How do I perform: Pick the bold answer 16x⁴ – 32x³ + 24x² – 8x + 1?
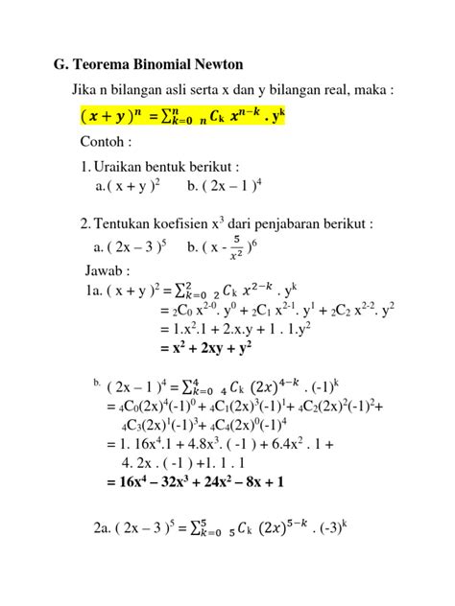click(196, 482)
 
